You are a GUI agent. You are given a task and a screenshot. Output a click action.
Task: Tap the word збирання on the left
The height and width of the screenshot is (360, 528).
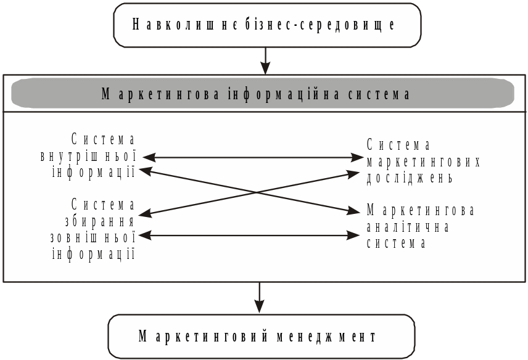tap(100, 221)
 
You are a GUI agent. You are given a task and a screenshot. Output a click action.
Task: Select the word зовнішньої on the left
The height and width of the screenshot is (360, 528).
tap(92, 237)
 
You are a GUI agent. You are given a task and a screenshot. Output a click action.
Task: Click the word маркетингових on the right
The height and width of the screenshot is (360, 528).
tap(423, 162)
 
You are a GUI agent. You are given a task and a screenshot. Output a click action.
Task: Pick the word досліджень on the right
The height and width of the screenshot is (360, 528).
tap(410, 178)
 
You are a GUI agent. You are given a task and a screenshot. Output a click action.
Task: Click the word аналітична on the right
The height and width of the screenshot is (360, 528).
tap(408, 226)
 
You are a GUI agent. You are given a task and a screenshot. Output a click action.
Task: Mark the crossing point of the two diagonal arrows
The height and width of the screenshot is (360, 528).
tap(255, 193)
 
